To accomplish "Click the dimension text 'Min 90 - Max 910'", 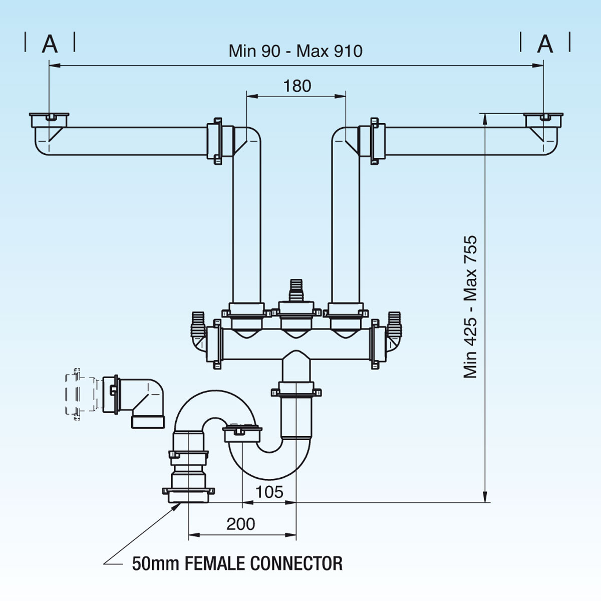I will pyautogui.click(x=295, y=51).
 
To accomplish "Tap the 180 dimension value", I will pyautogui.click(x=297, y=86).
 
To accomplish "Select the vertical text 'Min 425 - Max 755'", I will pyautogui.click(x=471, y=307).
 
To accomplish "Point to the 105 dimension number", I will pyautogui.click(x=269, y=492).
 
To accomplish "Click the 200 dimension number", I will pyautogui.click(x=241, y=524).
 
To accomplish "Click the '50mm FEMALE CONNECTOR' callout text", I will pyautogui.click(x=237, y=563).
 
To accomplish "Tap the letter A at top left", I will pyautogui.click(x=50, y=44).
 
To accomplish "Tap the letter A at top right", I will pyautogui.click(x=545, y=44).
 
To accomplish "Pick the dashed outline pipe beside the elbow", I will pyautogui.click(x=80, y=394).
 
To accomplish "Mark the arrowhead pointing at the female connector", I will pyautogui.click(x=177, y=507).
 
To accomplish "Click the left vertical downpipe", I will pyautogui.click(x=246, y=225).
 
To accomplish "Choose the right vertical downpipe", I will pyautogui.click(x=346, y=225).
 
